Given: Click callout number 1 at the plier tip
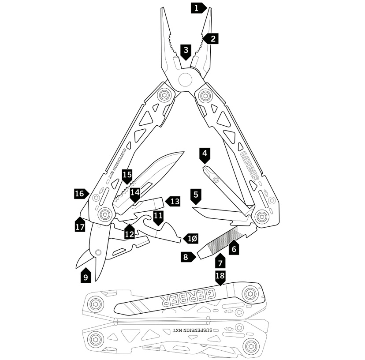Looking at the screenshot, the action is pos(198,8).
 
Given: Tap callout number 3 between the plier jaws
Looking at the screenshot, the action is pos(186,52).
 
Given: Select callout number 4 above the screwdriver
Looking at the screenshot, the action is pos(205,155).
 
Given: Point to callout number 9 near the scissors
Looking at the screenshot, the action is pos(86,276).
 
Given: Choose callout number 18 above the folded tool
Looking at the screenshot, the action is pos(220,277).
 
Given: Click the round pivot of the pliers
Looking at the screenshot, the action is pos(186,79).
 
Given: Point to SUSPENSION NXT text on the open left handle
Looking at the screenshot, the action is pos(117,163).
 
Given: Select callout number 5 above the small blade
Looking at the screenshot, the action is pos(196,196).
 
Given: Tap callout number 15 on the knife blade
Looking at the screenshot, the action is pos(127,176).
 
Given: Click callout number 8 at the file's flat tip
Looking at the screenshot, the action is pos(188,257).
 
